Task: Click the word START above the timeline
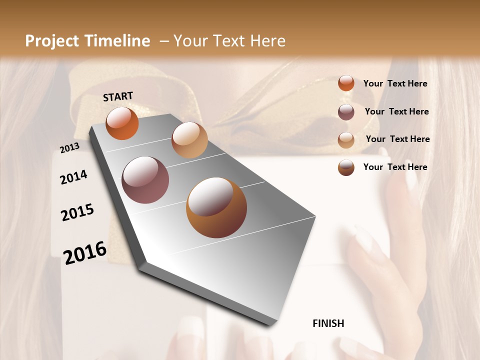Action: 118,96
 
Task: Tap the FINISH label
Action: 328,323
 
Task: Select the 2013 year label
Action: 69,148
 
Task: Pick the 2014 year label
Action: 73,177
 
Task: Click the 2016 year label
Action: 85,252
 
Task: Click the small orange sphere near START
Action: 122,123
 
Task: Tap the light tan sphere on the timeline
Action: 189,140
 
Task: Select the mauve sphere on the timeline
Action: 145,180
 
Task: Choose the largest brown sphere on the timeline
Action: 216,207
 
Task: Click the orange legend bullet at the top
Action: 346,83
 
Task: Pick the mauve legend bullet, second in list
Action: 346,112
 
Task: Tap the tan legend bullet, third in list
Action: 346,140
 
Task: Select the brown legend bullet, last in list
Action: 346,167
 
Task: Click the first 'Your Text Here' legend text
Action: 395,83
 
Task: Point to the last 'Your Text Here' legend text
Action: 395,167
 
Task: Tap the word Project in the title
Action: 52,41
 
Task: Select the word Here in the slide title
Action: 267,41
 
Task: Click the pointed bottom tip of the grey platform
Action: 272,322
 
